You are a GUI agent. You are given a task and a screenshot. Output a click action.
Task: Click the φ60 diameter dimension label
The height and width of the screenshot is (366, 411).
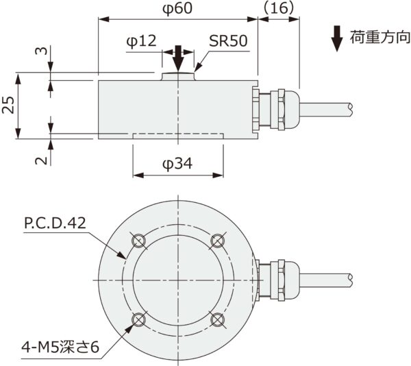(x=177, y=9)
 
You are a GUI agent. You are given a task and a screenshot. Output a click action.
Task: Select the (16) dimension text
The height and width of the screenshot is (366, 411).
(x=278, y=9)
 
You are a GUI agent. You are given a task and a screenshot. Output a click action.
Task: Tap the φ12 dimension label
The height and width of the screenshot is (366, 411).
(x=142, y=42)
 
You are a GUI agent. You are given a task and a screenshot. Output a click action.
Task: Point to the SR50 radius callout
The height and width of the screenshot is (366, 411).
(x=228, y=42)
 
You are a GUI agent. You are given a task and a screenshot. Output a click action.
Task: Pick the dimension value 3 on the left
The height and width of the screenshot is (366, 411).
(x=41, y=51)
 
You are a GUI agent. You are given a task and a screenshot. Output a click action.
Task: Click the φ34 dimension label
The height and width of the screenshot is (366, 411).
(x=177, y=164)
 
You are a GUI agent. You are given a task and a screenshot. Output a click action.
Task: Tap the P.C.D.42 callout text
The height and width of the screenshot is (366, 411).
(x=55, y=223)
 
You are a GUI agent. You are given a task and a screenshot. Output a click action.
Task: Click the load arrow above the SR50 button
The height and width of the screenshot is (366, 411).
(x=177, y=59)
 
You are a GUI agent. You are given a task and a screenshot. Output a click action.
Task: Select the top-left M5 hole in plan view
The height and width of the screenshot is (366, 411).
(x=138, y=240)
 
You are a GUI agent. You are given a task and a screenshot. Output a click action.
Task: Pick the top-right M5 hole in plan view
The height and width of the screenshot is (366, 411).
(x=217, y=240)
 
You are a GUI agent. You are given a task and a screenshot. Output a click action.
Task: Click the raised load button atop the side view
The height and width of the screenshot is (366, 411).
(x=177, y=76)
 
